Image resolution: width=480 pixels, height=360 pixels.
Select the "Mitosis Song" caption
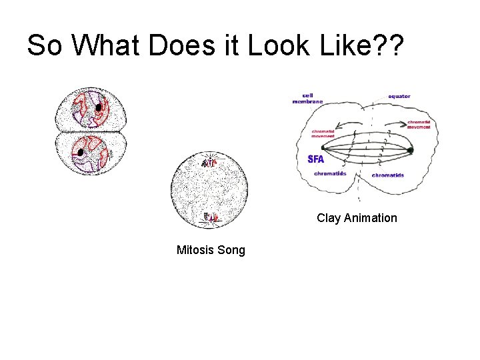pyautogui.click(x=211, y=251)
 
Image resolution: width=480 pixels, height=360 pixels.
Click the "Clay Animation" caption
pyautogui.click(x=357, y=218)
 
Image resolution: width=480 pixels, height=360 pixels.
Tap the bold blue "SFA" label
pyautogui.click(x=316, y=159)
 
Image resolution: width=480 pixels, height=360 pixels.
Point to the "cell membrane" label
pyautogui.click(x=307, y=98)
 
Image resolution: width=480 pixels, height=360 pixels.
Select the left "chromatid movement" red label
pyautogui.click(x=325, y=134)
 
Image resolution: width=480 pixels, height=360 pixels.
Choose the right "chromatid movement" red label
pyautogui.click(x=419, y=125)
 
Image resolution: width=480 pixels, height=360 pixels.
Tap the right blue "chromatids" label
pyautogui.click(x=387, y=175)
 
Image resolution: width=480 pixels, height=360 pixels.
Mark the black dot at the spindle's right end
pyautogui.click(x=410, y=151)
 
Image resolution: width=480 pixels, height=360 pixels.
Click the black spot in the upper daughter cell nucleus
pyautogui.click(x=99, y=107)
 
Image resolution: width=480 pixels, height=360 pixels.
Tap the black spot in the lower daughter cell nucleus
pyautogui.click(x=81, y=153)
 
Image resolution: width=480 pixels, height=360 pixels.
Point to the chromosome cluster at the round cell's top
pyautogui.click(x=210, y=161)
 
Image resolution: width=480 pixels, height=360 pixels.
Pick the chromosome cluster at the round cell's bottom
pyautogui.click(x=211, y=217)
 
